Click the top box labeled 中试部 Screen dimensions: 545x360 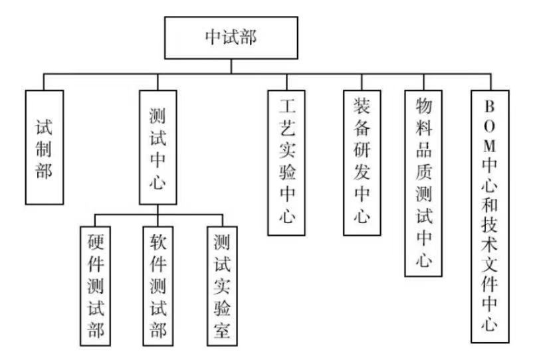231,38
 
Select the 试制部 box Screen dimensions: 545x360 45,147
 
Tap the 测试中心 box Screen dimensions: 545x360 158,147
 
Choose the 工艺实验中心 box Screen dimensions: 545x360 286,163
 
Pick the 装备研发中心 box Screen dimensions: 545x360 362,163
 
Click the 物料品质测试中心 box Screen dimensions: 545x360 423,183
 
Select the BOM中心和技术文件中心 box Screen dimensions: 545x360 490,216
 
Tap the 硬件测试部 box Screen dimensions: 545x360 95,286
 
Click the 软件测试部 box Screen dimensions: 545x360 158,286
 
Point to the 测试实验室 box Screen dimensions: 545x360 222,286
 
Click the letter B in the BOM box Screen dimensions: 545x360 489,106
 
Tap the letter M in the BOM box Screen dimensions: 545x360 489,146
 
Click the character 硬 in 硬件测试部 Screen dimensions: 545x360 96,242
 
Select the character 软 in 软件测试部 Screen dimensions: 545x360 158,242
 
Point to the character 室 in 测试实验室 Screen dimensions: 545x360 222,329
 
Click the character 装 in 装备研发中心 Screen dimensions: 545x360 362,106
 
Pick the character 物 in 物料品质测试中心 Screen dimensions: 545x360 423,106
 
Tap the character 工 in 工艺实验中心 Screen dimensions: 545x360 287,106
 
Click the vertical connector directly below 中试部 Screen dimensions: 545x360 231,66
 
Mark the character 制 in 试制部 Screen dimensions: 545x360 44,149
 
